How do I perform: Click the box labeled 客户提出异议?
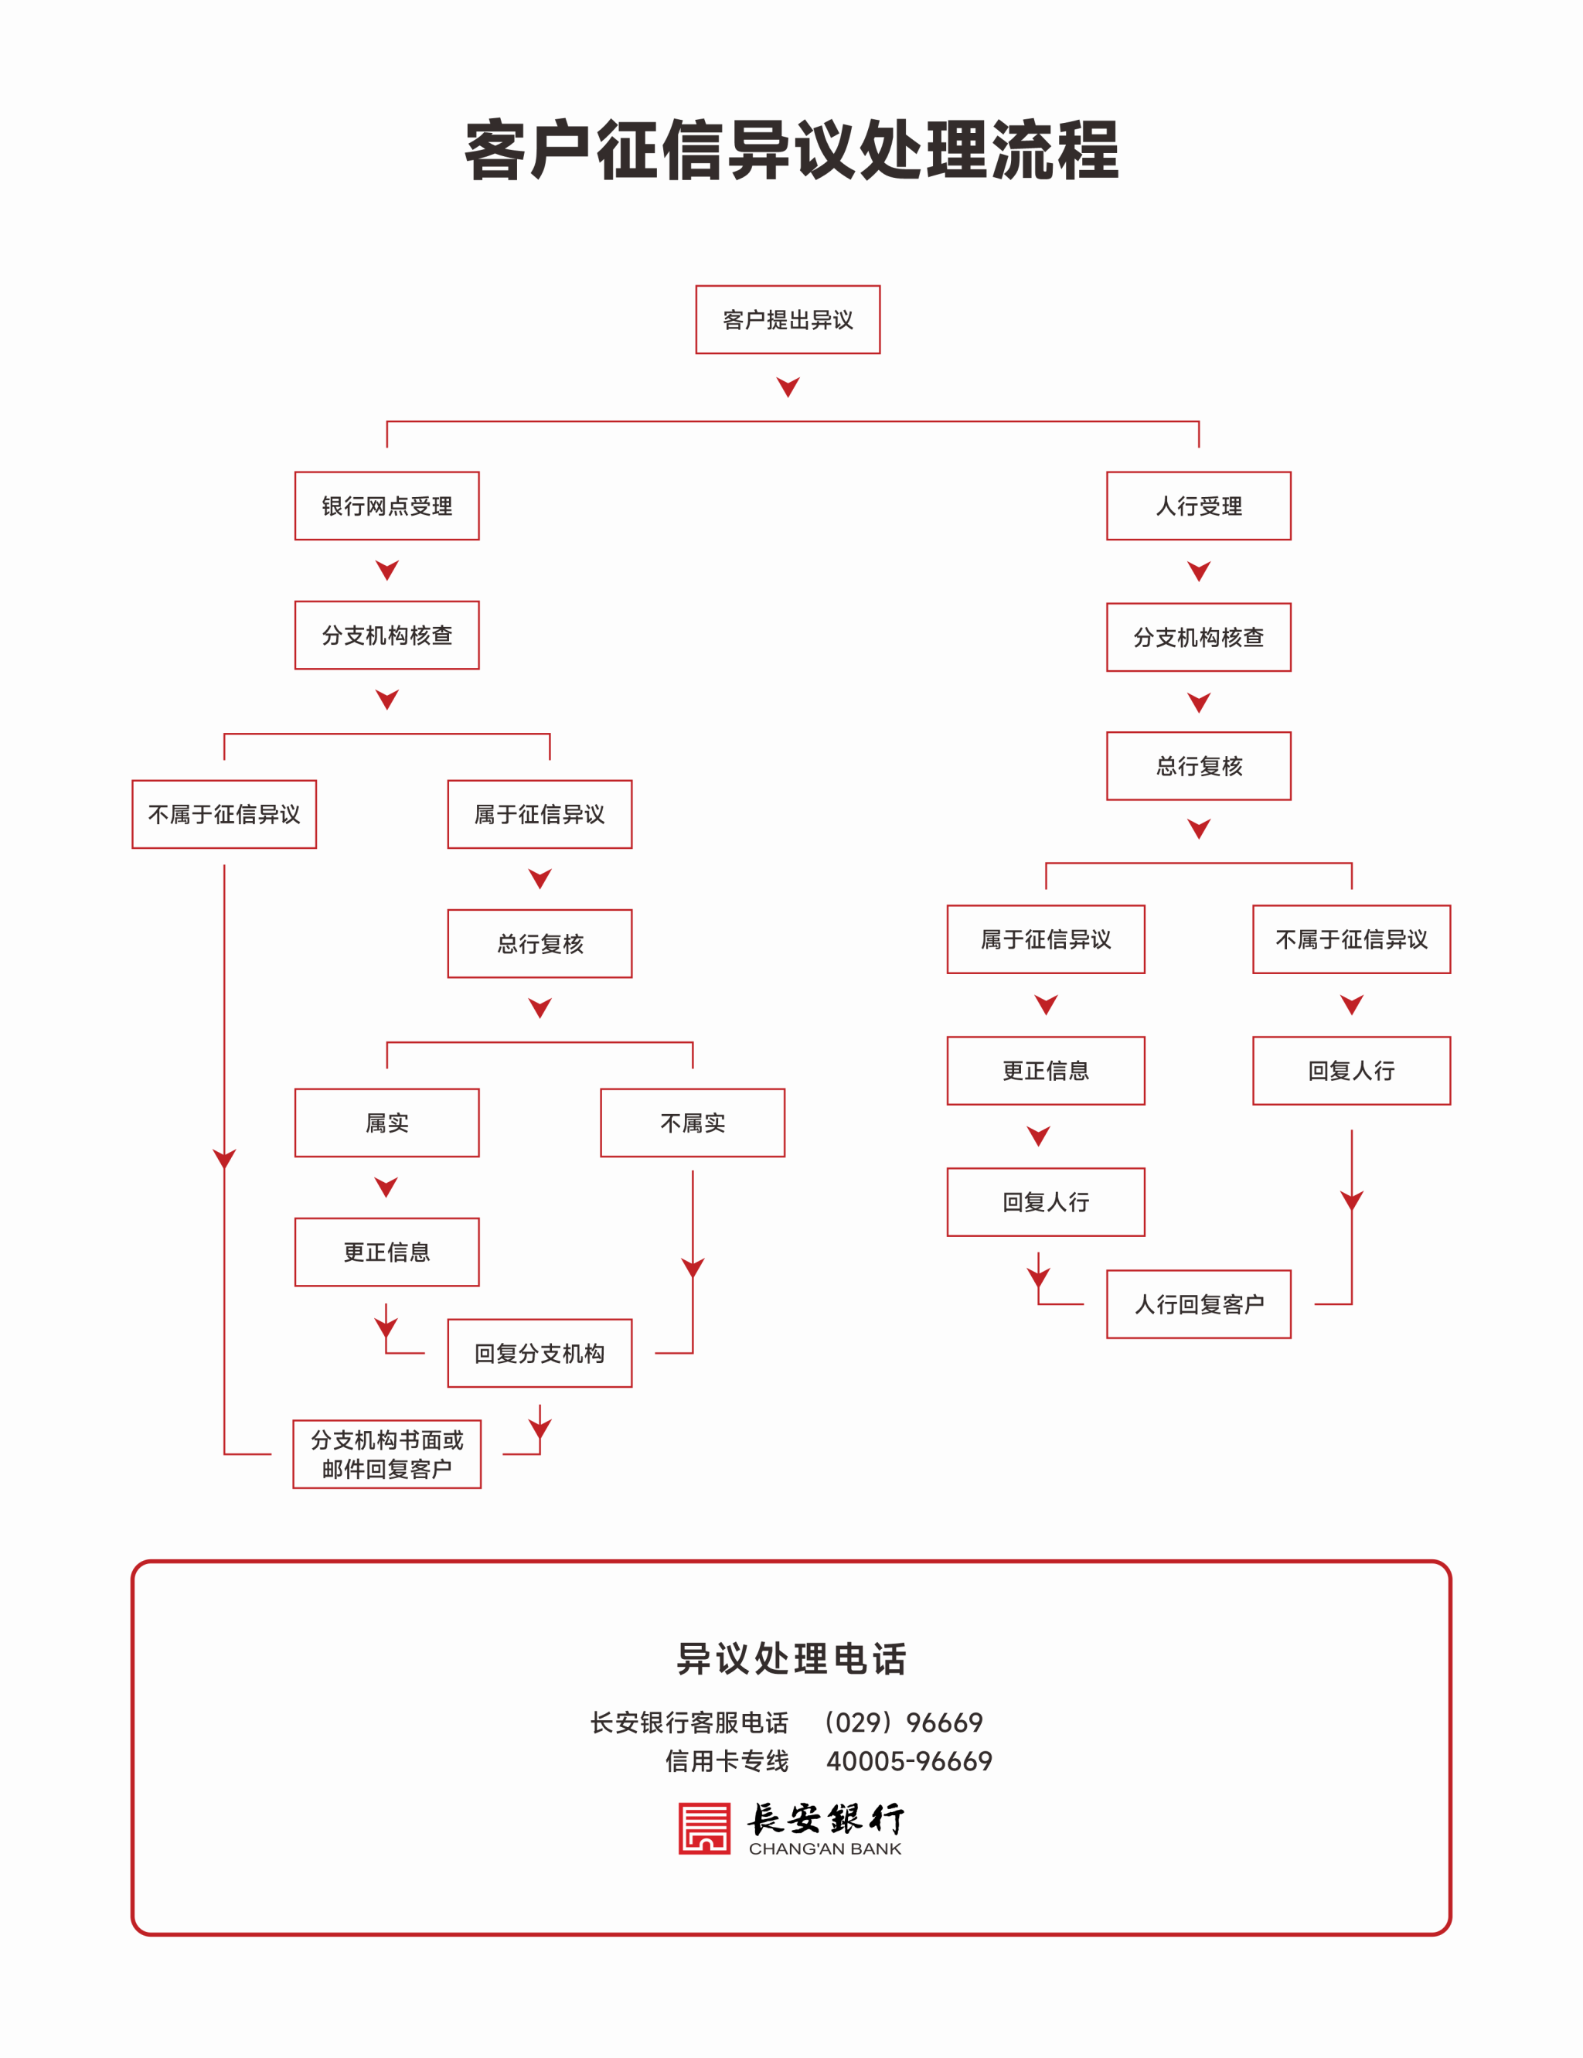click(788, 319)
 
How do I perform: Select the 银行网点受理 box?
click(386, 506)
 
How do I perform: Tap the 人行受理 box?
click(1199, 506)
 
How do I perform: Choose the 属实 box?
click(386, 1123)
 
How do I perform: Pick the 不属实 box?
click(693, 1123)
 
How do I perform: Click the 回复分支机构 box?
click(540, 1353)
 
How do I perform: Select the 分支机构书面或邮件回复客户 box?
click(386, 1454)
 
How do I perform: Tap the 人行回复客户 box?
click(1199, 1304)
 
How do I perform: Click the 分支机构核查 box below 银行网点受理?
click(386, 635)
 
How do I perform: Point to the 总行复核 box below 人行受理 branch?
click(1199, 766)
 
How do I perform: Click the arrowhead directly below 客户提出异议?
click(788, 387)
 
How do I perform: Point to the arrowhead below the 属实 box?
click(386, 1187)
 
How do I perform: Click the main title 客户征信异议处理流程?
click(791, 150)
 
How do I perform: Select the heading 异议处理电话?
click(791, 1658)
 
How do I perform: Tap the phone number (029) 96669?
click(903, 1722)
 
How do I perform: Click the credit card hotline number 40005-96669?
click(909, 1761)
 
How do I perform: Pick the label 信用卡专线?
click(727, 1761)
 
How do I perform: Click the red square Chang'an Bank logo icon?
click(705, 1829)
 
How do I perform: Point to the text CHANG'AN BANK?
click(826, 1848)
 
